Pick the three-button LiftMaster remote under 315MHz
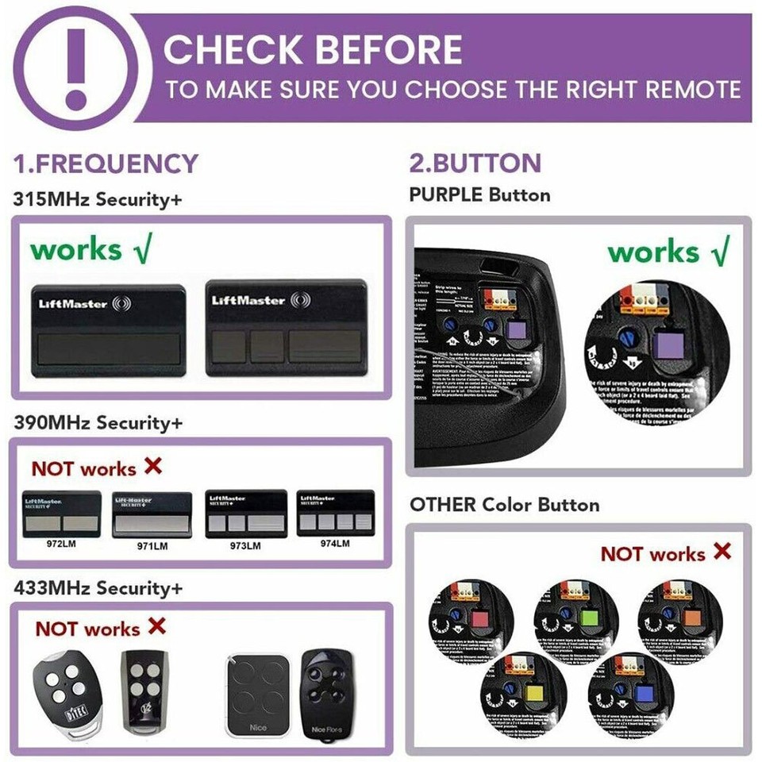tap(286, 327)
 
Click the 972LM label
tap(61, 546)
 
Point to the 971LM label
tap(152, 546)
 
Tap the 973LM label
tap(246, 545)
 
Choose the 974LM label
tap(335, 544)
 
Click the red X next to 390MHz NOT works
tap(152, 466)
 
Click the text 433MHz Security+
tap(97, 588)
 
